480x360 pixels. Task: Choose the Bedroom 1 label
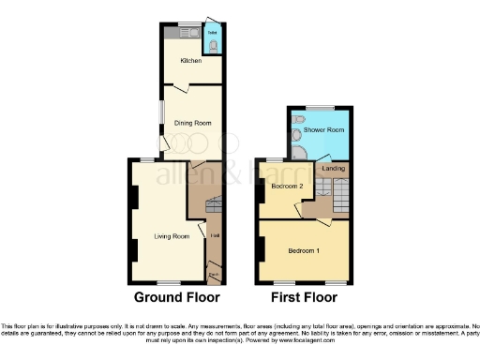[x=302, y=250]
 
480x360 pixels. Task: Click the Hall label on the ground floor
[x=215, y=235]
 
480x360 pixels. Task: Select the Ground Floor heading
[x=176, y=297]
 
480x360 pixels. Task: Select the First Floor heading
[x=302, y=297]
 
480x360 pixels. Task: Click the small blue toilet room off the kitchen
[x=213, y=42]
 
